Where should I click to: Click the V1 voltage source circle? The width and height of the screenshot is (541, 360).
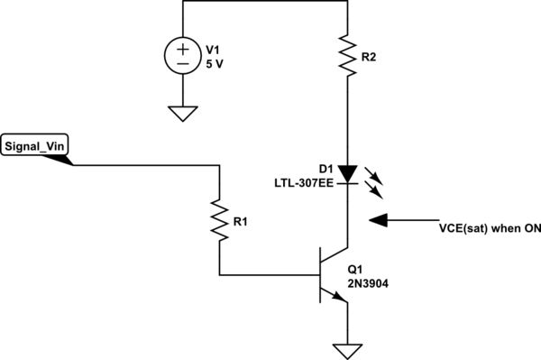click(x=183, y=56)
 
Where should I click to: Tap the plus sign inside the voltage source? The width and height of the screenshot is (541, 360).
click(x=183, y=48)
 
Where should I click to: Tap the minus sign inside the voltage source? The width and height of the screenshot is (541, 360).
click(x=183, y=65)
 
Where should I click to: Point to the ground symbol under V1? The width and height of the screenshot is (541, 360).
click(x=183, y=114)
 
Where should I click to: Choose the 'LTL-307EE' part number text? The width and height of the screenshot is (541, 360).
click(x=303, y=183)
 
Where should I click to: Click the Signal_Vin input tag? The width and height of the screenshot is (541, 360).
click(x=37, y=146)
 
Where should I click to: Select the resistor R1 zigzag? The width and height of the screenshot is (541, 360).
click(x=218, y=219)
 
